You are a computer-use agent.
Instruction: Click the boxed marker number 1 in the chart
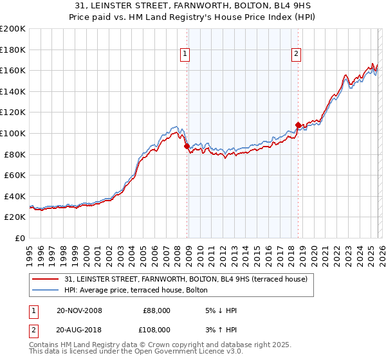tap(185, 55)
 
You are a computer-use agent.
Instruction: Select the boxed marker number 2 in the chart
tap(296, 55)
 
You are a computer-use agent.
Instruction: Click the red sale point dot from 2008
tap(187, 146)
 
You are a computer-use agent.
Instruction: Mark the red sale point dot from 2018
tap(298, 125)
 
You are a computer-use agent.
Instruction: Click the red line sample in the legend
tap(44, 279)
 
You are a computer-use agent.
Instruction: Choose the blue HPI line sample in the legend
tap(44, 290)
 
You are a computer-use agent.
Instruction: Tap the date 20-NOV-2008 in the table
tap(79, 310)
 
